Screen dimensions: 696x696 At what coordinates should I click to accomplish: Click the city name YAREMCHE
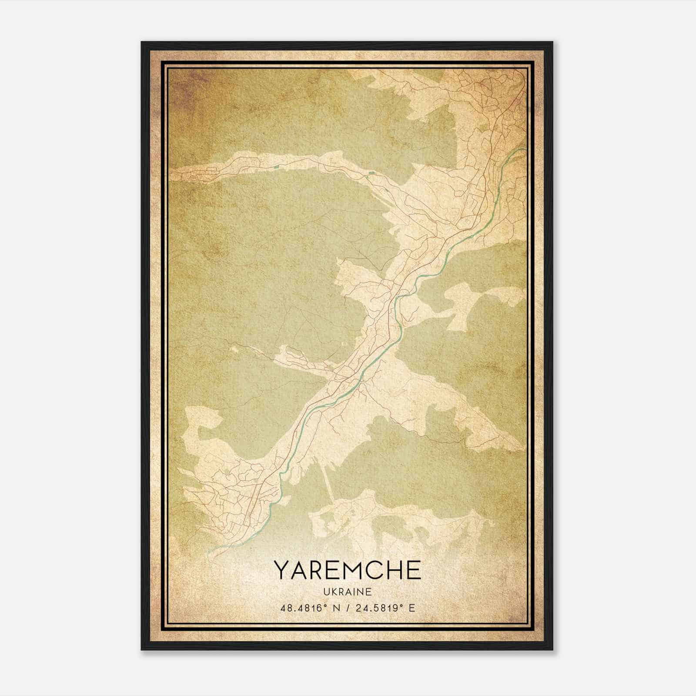tap(348, 570)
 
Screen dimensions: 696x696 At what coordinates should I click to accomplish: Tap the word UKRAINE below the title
tap(348, 592)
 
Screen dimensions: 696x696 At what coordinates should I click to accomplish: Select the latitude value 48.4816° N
tap(309, 608)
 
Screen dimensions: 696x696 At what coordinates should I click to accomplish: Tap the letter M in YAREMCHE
tap(356, 570)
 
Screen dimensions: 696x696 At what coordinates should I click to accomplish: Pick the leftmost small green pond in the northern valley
tap(275, 165)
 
